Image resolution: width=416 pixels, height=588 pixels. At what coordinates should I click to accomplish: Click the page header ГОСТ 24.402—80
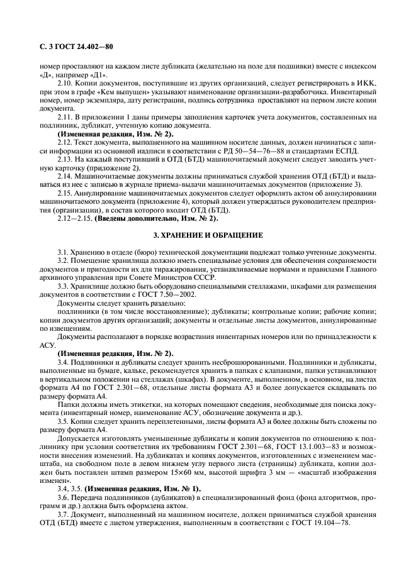79,47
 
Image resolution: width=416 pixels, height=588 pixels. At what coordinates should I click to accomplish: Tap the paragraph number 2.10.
65,82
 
